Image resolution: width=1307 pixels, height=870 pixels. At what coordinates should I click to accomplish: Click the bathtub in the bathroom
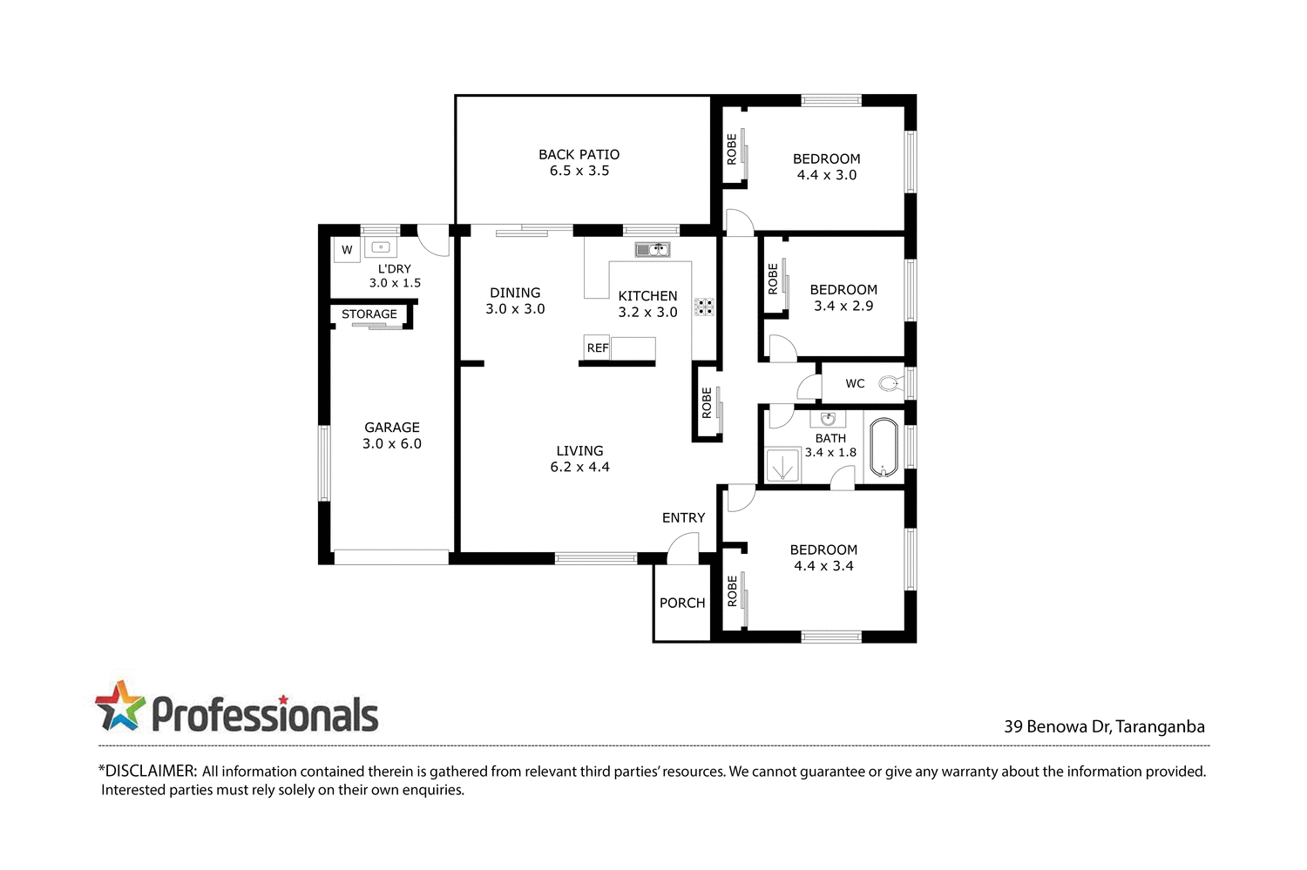(x=884, y=448)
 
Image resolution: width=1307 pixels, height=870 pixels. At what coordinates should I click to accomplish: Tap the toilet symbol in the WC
(x=890, y=383)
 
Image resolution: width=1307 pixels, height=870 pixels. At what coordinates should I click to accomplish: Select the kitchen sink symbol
(x=652, y=250)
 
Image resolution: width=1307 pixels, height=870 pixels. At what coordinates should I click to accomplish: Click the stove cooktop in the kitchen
(x=704, y=307)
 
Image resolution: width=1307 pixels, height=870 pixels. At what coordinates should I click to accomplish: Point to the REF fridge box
(x=597, y=347)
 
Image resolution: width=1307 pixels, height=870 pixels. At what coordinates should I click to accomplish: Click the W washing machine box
(x=347, y=250)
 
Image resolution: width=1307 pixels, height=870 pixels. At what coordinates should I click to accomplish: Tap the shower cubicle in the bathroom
(x=782, y=465)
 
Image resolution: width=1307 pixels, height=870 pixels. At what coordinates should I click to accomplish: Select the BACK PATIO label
(x=579, y=154)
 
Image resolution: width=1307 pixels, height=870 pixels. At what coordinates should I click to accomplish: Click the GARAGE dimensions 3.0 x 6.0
(x=392, y=443)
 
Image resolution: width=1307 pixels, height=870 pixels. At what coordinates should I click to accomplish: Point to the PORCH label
(x=682, y=603)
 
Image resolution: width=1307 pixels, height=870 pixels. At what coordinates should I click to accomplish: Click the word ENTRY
(x=683, y=517)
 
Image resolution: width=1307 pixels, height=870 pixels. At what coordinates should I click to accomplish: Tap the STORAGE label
(x=369, y=314)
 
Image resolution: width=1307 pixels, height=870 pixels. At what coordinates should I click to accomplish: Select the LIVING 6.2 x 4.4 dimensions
(x=579, y=467)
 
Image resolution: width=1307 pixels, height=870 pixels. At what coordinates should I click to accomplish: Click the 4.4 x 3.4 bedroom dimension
(x=823, y=566)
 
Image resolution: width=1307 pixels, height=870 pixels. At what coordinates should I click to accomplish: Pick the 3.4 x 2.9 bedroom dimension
(x=843, y=306)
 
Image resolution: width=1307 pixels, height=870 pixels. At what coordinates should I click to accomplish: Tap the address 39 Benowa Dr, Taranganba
(x=1104, y=726)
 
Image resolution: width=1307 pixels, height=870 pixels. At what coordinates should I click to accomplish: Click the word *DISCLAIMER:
(x=147, y=771)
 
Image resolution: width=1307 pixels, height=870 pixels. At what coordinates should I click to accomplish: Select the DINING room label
(x=515, y=293)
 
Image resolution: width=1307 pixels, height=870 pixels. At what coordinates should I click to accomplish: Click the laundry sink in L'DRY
(x=380, y=247)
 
